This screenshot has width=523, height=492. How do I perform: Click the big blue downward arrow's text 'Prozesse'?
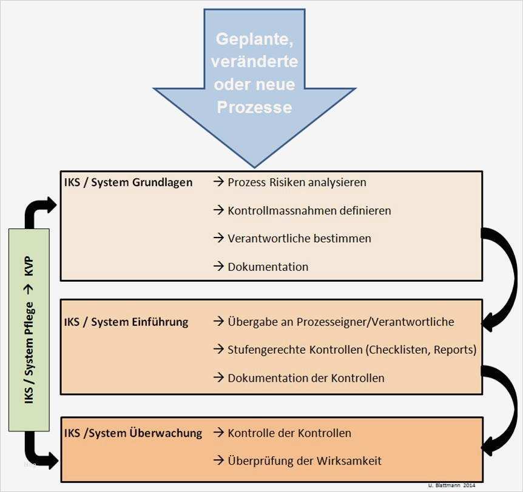coord(254,107)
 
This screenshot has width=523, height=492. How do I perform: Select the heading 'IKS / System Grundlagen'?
coord(128,182)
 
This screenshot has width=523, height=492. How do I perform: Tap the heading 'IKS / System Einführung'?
coord(126,322)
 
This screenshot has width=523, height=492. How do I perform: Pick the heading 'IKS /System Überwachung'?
coord(133,433)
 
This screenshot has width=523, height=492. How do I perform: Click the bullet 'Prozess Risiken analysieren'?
coord(297,182)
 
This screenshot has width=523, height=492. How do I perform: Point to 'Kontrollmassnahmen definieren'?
coord(309,210)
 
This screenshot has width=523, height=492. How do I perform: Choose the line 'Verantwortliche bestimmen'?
coord(299,238)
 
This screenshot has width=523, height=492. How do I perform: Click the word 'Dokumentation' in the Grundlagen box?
coord(268,267)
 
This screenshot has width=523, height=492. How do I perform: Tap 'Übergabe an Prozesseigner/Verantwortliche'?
coord(340,322)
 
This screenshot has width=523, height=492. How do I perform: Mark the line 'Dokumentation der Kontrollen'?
coord(306,378)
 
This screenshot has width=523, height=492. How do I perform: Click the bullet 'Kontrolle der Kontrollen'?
coord(289,433)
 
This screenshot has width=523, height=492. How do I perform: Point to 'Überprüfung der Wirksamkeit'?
coord(305,461)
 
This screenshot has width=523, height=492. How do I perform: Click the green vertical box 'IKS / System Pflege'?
coord(29,330)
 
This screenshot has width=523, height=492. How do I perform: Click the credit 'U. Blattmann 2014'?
coord(451,486)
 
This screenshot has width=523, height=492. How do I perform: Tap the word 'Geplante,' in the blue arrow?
coord(254,41)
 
